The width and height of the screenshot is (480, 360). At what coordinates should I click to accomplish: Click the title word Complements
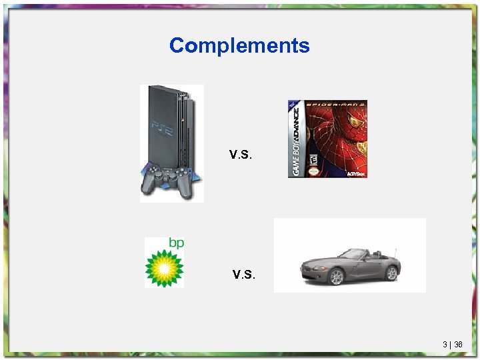coord(239,45)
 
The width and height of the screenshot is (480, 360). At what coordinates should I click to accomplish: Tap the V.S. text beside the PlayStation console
coord(241,155)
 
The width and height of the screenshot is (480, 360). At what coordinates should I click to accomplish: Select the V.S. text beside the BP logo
coord(244,274)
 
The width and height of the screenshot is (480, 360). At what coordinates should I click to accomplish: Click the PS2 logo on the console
coord(161,125)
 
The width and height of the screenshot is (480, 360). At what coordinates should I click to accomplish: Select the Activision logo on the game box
coord(355,173)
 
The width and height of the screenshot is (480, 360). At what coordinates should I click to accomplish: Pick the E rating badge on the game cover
coord(311,161)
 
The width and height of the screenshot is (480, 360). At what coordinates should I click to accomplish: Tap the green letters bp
coord(175,243)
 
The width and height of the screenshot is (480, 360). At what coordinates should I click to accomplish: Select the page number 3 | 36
coord(452,345)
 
